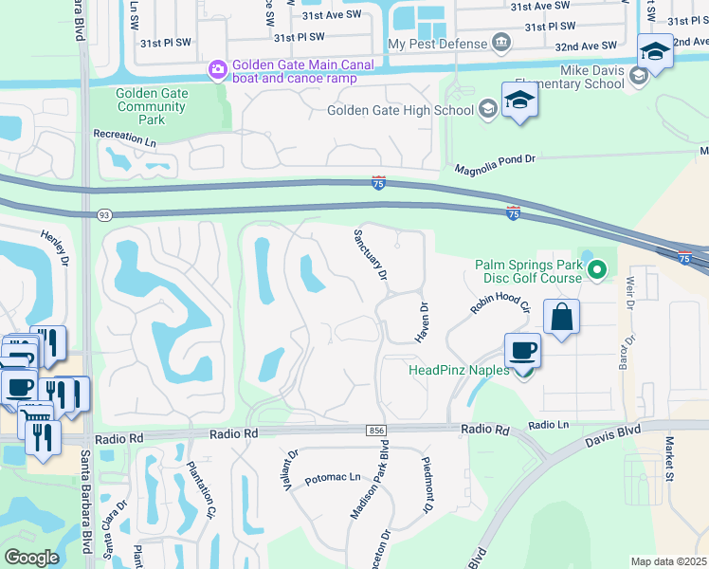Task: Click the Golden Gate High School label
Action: tap(400, 110)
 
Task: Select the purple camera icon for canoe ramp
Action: tap(217, 69)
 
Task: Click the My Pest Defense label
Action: tap(436, 44)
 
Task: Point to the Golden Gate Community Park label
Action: tap(152, 107)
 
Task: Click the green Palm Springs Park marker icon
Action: tap(596, 271)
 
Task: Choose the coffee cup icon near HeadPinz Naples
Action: tap(522, 352)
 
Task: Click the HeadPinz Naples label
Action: tap(458, 370)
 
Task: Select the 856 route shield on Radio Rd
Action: tap(375, 431)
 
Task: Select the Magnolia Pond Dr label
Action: tap(495, 163)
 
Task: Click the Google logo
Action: tap(31, 558)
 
